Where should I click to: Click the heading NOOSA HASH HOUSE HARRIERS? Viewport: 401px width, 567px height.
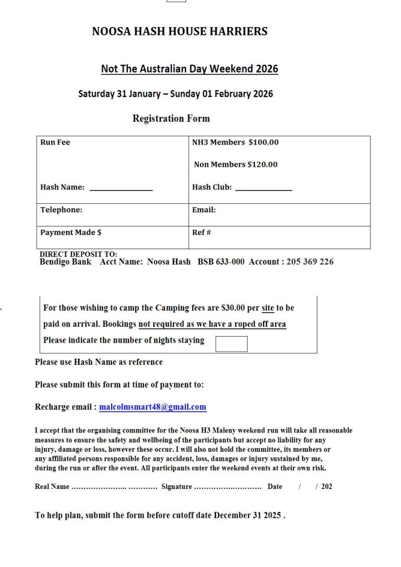point(179,32)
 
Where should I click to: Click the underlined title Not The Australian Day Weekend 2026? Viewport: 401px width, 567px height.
point(189,69)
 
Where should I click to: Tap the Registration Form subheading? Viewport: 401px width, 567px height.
point(171,118)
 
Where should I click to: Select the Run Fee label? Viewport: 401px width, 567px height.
point(55,142)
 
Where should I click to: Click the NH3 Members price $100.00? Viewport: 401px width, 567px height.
point(264,142)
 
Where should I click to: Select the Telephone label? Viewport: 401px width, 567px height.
point(61,210)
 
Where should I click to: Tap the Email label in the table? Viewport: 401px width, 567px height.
point(204,210)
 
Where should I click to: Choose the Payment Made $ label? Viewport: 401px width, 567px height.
point(71,233)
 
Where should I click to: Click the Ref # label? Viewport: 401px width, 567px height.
point(202,233)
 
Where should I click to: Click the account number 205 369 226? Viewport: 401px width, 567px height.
point(310,262)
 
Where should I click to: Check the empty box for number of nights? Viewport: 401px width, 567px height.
point(231,344)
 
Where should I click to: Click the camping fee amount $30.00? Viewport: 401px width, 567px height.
point(233,308)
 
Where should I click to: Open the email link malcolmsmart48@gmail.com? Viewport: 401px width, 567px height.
point(153,407)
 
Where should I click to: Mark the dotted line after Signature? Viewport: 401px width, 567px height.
point(228,487)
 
